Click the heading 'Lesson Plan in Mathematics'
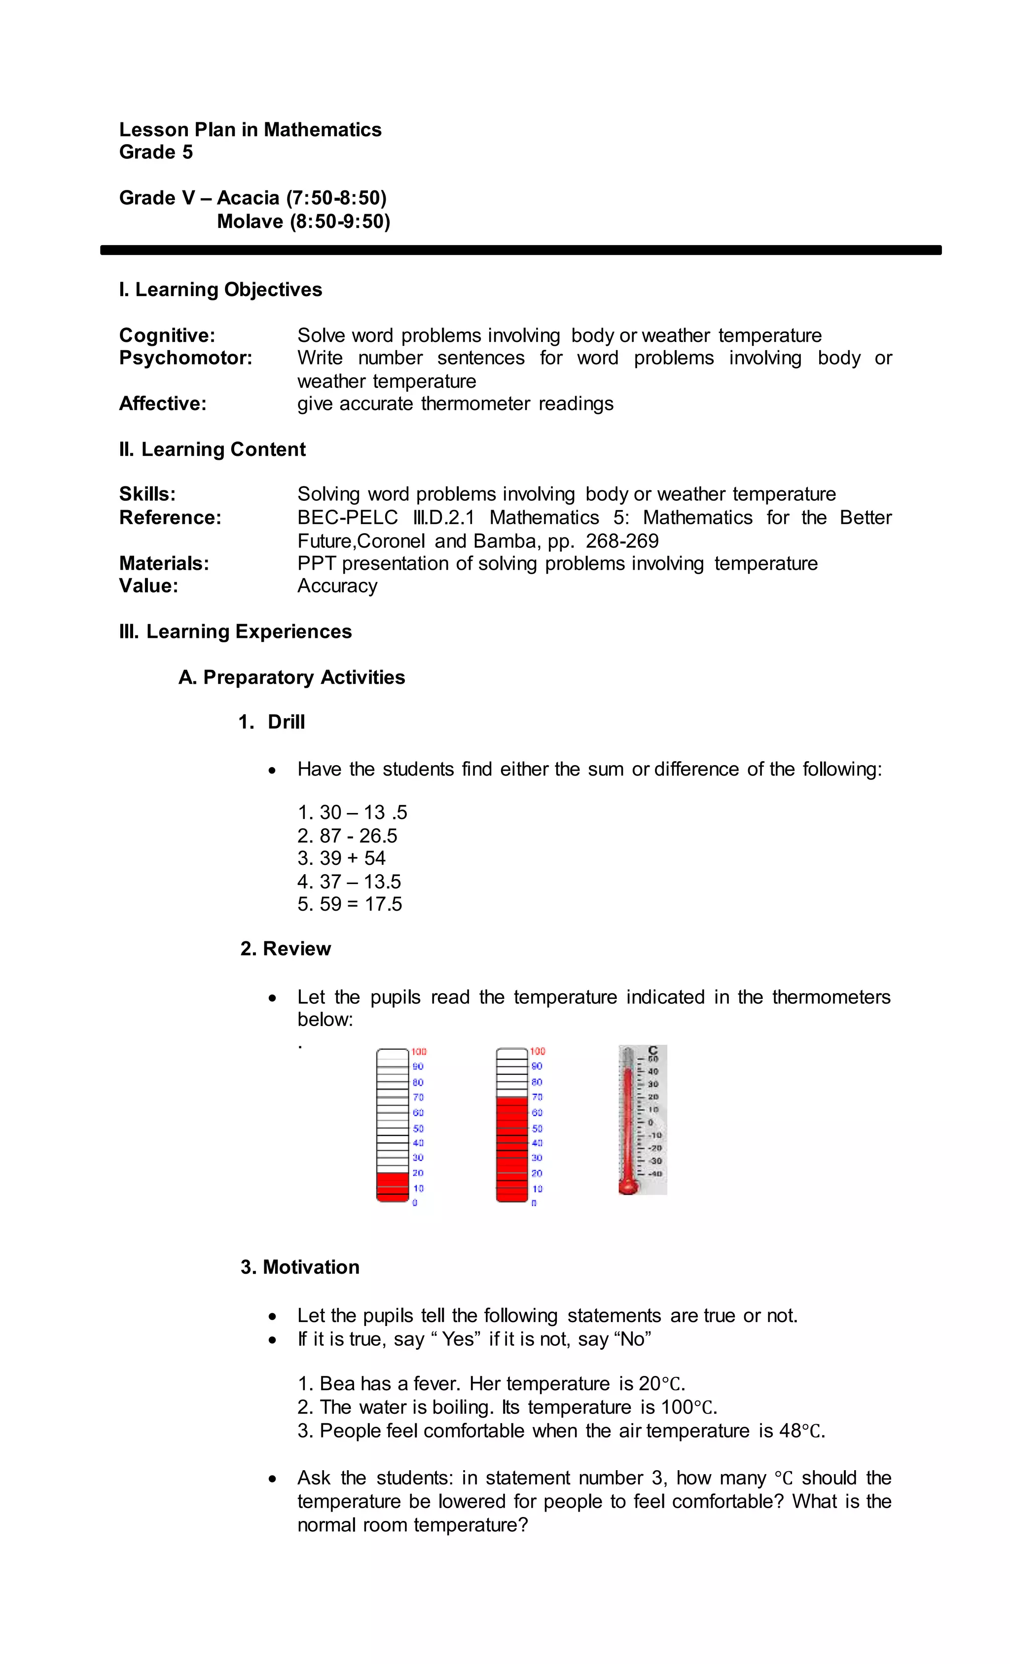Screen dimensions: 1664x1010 pos(250,130)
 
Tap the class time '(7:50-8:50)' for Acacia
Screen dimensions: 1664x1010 pos(336,198)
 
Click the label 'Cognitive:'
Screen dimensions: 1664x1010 pos(167,335)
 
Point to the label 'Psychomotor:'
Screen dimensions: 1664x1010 pos(185,358)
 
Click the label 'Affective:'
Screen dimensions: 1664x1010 pos(163,404)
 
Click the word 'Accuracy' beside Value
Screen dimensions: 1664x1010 pos(337,586)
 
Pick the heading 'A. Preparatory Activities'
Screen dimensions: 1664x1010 pos(291,677)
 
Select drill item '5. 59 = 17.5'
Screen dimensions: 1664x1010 pos(349,904)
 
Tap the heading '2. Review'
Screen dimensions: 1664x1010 pos(286,949)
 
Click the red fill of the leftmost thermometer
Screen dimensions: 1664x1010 pos(392,1186)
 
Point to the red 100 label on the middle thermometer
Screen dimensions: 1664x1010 pos(538,1051)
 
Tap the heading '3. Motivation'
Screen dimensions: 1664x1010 pos(300,1267)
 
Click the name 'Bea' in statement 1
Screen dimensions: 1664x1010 pos(335,1384)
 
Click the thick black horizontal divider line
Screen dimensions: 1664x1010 pos(520,250)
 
